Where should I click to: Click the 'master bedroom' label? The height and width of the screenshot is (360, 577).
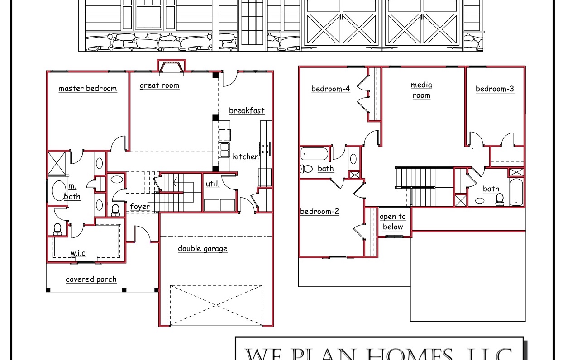87,89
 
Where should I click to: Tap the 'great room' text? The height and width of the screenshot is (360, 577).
159,85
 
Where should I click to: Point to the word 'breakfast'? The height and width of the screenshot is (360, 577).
247,111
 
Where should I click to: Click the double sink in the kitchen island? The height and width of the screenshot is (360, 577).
224,151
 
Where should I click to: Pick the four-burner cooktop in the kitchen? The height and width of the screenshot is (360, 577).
265,148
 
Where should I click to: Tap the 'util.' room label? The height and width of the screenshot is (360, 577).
213,184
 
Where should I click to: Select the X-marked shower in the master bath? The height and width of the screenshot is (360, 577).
57,163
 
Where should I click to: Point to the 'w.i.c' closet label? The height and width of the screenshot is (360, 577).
77,253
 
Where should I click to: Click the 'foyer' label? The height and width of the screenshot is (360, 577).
140,207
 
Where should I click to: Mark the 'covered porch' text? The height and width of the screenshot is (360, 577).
91,279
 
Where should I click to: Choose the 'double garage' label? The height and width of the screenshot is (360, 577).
202,249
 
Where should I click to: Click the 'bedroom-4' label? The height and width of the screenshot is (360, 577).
330,89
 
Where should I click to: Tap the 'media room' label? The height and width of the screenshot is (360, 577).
421,90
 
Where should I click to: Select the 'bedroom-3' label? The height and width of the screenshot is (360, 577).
495,89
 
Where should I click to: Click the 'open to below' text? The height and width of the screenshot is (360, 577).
393,222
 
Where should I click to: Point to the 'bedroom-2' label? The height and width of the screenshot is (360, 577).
319,211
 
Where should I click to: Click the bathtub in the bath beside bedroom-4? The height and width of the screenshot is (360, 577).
315,154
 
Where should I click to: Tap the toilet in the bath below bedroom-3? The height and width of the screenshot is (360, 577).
500,199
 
